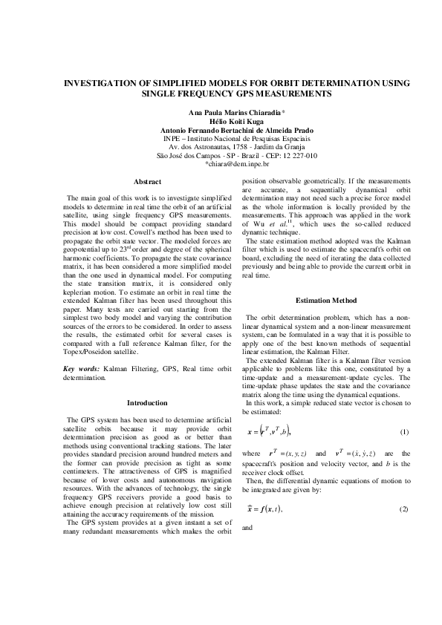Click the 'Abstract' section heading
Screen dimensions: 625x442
(x=147, y=182)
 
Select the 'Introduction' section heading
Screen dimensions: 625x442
(x=147, y=403)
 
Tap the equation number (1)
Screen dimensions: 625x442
(x=404, y=432)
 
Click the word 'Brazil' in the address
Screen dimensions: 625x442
(x=248, y=156)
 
